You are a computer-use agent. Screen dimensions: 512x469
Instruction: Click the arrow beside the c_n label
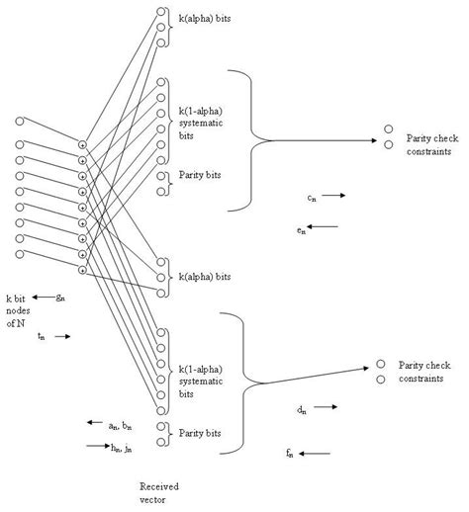click(x=333, y=196)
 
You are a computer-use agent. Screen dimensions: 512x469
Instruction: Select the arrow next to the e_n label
click(x=326, y=226)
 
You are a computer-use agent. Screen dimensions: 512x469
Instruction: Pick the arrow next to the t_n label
click(x=60, y=336)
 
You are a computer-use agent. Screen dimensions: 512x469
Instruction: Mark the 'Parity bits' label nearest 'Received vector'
click(x=200, y=432)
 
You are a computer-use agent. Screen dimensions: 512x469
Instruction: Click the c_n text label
click(x=311, y=197)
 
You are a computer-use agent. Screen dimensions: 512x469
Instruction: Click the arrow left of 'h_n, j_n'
click(x=98, y=446)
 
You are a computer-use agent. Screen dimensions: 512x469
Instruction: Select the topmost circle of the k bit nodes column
click(x=20, y=121)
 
